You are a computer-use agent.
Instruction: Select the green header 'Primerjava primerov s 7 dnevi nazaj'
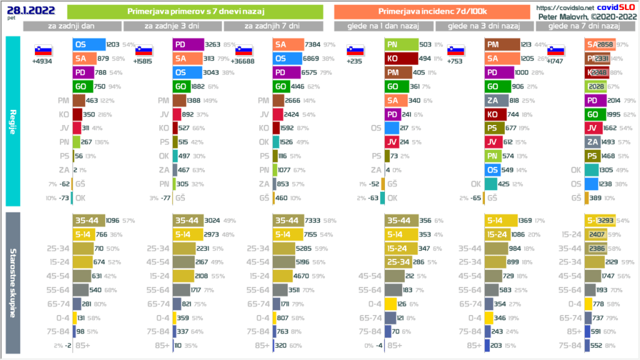[x=194, y=11]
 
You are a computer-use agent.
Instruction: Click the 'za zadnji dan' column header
[x=72, y=26]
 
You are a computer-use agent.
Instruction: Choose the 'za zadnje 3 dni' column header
[x=172, y=26]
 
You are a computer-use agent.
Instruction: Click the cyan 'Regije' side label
[x=12, y=121]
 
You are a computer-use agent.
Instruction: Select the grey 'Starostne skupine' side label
[x=12, y=280]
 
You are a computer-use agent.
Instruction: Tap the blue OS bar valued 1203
[x=88, y=44]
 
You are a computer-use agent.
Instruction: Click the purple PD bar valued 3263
[x=188, y=44]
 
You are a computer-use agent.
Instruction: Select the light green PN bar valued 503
[x=401, y=44]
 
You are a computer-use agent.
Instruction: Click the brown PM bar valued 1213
[x=501, y=44]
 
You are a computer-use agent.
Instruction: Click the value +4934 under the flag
[x=42, y=61]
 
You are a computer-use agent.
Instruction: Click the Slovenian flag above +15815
[x=143, y=51]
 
